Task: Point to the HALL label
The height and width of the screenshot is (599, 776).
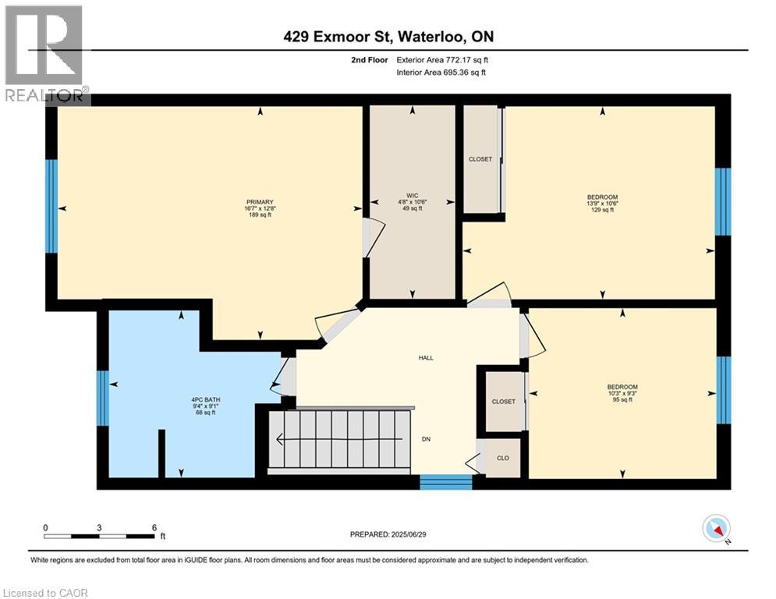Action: click(x=425, y=358)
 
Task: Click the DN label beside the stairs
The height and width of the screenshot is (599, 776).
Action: click(x=427, y=439)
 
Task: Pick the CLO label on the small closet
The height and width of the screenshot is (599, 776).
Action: click(x=503, y=458)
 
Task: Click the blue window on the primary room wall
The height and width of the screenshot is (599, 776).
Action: click(x=51, y=207)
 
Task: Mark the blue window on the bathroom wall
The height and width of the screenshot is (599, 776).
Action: click(x=103, y=398)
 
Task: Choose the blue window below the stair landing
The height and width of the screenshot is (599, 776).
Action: click(x=445, y=482)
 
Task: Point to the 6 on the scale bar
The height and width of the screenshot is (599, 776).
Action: click(x=154, y=527)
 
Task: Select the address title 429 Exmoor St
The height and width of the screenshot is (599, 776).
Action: click(x=387, y=37)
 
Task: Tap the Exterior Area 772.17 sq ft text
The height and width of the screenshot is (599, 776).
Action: click(x=443, y=59)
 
